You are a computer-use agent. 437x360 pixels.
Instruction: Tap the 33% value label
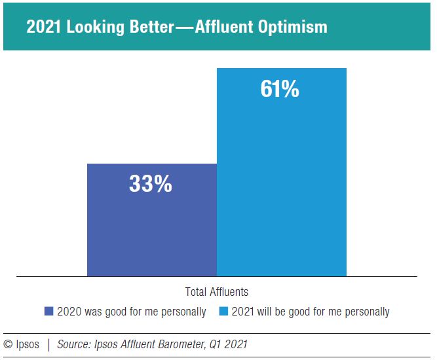(150, 185)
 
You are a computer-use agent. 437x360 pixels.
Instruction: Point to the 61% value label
(280, 89)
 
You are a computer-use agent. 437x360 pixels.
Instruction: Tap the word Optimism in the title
(292, 28)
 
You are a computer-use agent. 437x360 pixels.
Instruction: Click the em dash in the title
(184, 28)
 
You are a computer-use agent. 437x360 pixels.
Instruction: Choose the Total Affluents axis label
(218, 292)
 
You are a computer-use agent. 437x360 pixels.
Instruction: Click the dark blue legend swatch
(48, 312)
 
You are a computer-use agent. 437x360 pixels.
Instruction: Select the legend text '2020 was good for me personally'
(131, 312)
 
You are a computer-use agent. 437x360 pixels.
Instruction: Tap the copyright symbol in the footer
(9, 344)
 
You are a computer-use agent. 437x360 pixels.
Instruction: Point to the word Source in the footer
(74, 344)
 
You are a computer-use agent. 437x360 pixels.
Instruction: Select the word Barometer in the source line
(180, 344)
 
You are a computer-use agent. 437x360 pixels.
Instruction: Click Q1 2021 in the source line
(228, 344)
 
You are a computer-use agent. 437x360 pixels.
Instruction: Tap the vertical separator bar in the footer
(48, 344)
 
